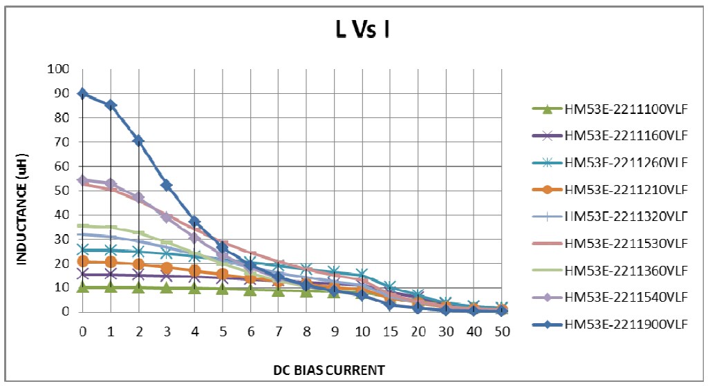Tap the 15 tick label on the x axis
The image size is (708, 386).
point(390,331)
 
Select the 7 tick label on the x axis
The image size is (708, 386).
point(279,331)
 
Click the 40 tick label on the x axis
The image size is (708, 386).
point(474,331)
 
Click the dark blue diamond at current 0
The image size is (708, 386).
point(83,93)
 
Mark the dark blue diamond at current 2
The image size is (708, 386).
point(139,140)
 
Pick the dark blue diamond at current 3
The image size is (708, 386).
point(167,184)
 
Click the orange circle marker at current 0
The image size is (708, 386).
point(83,261)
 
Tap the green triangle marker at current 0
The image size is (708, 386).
point(83,287)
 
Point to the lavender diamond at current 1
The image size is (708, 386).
point(111,184)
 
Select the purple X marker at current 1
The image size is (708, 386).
point(111,275)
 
